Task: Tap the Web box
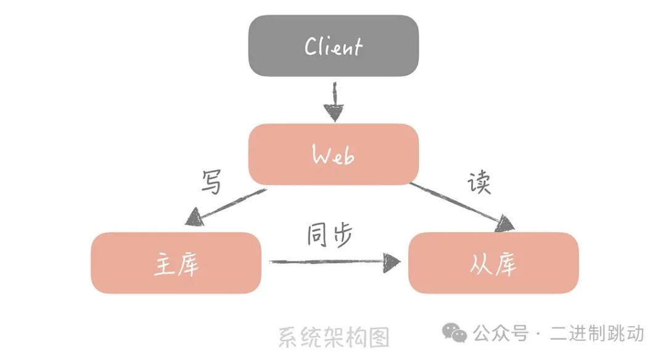333,154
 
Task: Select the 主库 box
176,263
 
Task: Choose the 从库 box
493,263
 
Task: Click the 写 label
211,182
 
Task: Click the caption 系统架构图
334,337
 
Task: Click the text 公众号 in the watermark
500,333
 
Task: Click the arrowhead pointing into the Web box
333,113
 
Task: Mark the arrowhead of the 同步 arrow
392,263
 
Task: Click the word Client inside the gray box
334,47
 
